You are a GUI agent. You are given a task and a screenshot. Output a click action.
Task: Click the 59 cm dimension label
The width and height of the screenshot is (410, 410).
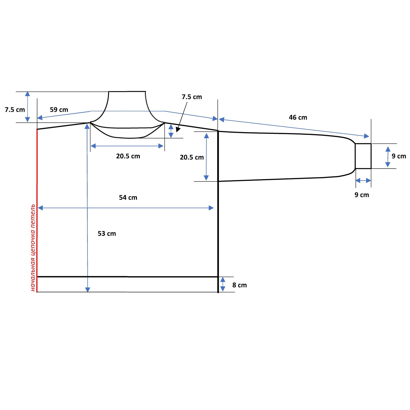59,110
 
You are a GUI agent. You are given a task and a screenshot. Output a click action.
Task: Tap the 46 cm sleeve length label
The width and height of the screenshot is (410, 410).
298,117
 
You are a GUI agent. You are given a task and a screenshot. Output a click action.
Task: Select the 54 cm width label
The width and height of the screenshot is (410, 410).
128,198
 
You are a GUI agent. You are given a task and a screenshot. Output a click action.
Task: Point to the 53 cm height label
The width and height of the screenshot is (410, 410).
107,234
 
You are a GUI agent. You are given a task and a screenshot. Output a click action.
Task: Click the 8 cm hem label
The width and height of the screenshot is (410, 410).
239,285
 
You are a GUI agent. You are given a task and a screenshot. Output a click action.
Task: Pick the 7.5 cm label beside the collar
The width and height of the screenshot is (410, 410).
15,110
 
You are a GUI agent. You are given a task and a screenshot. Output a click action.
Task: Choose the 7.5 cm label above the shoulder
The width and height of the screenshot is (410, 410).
192,97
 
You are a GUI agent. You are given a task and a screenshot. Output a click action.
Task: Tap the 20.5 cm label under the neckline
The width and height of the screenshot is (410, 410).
128,156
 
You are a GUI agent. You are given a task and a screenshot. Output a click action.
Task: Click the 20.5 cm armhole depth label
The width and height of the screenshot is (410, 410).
192,157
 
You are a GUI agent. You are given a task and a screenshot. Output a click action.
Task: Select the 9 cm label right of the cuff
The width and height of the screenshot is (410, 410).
399,156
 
